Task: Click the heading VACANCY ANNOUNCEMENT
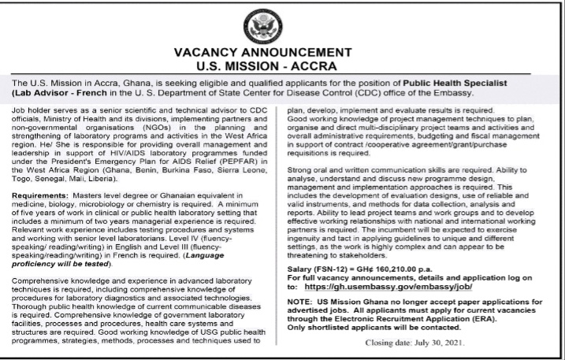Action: point(282,53)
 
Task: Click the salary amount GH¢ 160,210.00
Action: point(381,269)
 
